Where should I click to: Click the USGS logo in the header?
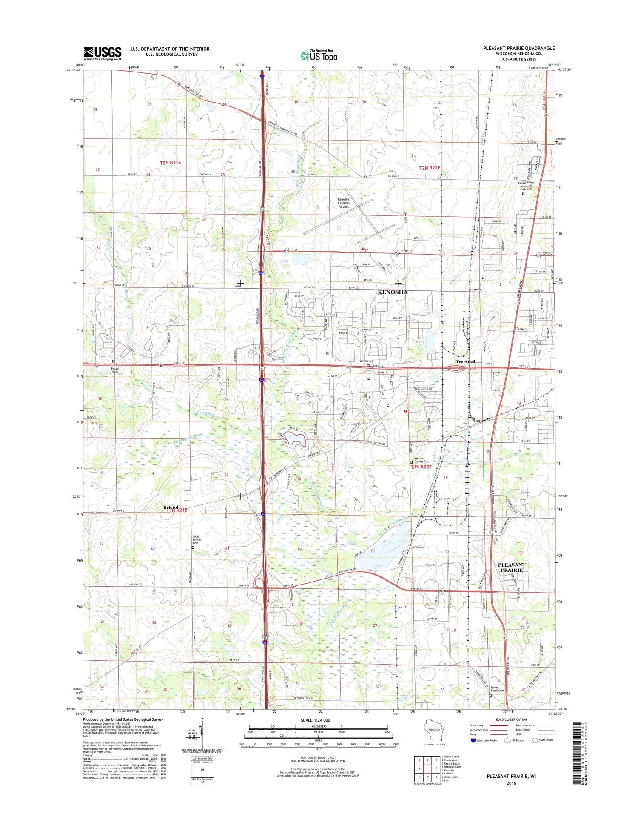click(x=102, y=53)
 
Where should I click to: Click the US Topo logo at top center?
click(x=319, y=55)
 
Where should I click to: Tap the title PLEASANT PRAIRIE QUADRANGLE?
click(x=518, y=48)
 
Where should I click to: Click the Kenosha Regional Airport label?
click(x=343, y=203)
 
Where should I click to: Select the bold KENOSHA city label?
click(x=392, y=292)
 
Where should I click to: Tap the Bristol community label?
click(x=171, y=507)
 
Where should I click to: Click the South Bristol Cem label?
click(x=196, y=539)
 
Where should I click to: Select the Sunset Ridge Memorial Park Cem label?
click(x=526, y=186)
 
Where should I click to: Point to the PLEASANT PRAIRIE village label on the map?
click(x=511, y=567)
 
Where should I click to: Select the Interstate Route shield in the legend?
click(x=473, y=740)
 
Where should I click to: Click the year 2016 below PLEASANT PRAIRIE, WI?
click(x=511, y=783)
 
